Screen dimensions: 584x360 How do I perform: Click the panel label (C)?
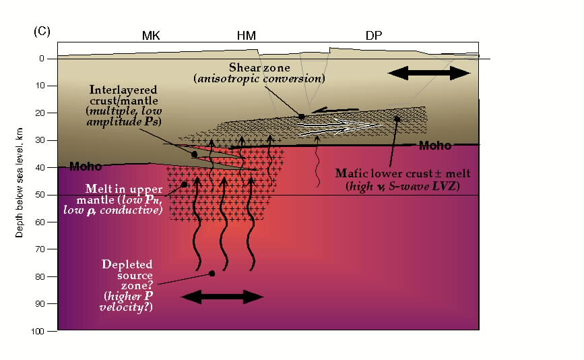pos(42,31)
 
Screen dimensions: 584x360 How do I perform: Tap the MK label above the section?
pos(151,36)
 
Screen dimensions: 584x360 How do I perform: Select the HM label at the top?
pos(246,36)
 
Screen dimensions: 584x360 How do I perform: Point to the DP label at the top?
pos(374,36)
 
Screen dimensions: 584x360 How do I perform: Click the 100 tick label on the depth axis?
pos(38,331)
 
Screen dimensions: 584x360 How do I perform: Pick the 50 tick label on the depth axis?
pos(40,195)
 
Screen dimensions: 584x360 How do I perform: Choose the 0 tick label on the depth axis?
pos(42,59)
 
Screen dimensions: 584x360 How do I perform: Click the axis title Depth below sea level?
pos(20,183)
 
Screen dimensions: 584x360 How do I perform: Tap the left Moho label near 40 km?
pos(86,167)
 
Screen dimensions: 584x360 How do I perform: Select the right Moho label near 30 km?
pos(435,146)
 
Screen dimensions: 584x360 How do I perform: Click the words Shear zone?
pos(259,67)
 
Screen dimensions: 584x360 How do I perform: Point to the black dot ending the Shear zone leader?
pos(302,117)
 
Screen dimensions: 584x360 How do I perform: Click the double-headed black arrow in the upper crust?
pos(429,73)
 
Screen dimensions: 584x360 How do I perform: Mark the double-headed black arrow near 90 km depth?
pos(222,297)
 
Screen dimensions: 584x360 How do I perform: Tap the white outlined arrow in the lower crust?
pos(339,126)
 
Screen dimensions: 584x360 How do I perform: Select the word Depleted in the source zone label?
pos(127,264)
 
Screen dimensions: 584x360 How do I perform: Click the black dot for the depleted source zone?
pos(212,274)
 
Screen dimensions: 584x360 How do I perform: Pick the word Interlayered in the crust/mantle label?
pos(123,90)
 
